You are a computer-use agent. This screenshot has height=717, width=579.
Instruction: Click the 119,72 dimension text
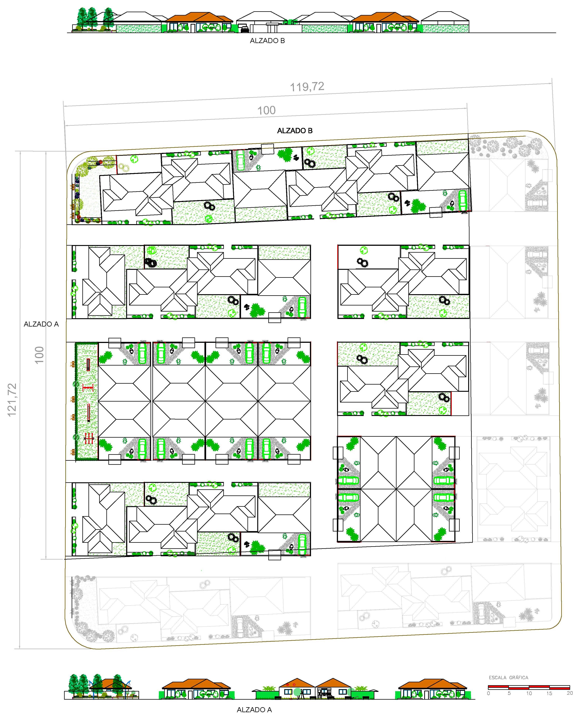pos(307,87)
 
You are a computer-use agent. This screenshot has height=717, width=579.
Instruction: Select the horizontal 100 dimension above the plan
pos(267,111)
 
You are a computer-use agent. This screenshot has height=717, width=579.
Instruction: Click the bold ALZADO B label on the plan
pos(295,131)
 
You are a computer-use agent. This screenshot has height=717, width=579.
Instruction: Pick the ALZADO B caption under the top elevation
pos(267,41)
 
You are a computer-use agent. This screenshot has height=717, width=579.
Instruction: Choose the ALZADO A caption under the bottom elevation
pos(254,710)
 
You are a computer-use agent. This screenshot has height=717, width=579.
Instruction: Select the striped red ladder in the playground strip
pos(88,364)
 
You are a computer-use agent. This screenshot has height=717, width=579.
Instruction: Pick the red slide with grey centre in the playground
pos(89,413)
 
